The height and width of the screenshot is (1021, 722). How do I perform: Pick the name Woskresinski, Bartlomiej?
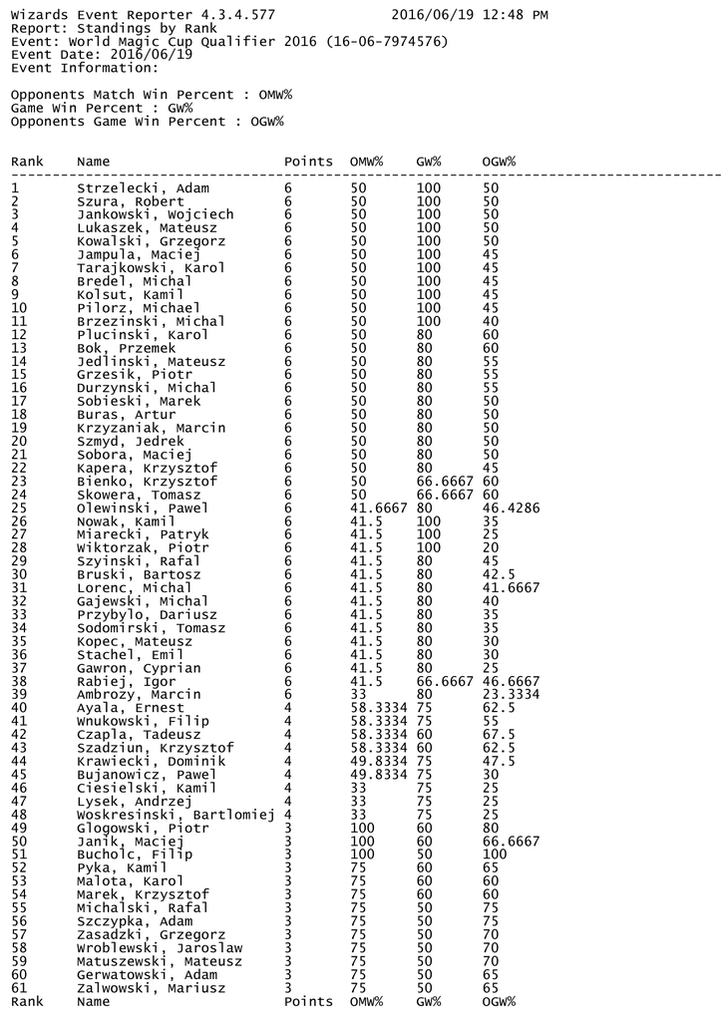point(176,815)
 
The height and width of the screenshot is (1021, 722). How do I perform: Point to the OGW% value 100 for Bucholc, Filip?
point(495,854)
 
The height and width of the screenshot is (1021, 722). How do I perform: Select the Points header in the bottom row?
point(308,1001)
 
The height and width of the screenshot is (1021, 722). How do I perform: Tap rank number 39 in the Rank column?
point(20,694)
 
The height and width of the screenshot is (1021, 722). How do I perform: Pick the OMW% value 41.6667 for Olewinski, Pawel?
point(379,508)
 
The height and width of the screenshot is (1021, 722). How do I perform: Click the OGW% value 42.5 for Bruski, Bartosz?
point(499,574)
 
